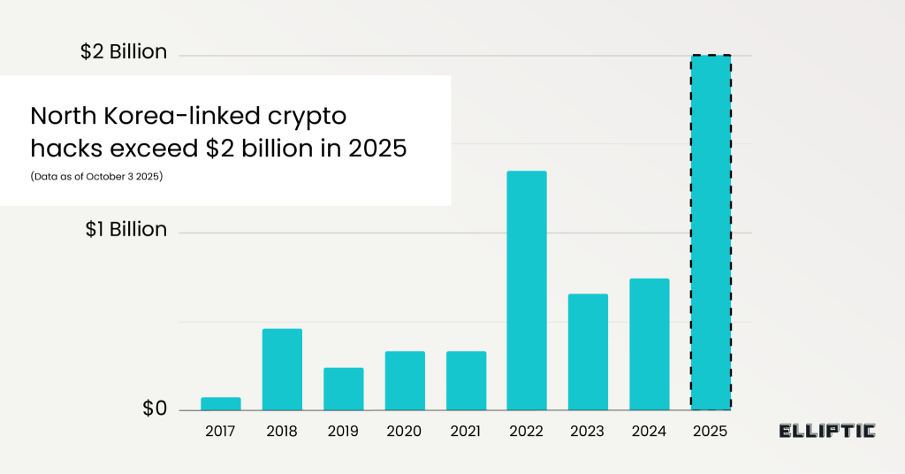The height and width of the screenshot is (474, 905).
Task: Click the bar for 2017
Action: (221, 404)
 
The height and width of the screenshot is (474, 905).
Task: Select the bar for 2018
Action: (282, 370)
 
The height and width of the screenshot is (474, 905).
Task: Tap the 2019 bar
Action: (344, 389)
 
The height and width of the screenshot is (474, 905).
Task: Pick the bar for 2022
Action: (527, 291)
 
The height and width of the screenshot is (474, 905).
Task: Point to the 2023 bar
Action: (588, 352)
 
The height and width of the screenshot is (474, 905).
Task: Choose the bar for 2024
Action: (650, 345)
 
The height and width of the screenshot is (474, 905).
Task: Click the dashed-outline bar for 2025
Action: (711, 233)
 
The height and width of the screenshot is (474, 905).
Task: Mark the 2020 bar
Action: (405, 381)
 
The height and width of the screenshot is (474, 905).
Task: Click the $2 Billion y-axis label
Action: (124, 52)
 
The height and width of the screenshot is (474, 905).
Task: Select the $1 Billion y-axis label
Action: (126, 229)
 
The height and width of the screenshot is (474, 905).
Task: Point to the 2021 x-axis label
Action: (466, 432)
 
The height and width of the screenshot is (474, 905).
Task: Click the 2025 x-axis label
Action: (711, 432)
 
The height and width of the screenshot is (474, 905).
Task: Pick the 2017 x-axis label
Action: (221, 432)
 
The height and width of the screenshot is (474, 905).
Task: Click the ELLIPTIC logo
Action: (827, 432)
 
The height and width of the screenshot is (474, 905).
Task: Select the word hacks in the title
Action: (61, 149)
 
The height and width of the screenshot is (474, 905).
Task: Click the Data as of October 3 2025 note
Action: (97, 177)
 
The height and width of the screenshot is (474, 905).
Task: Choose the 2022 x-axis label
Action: (527, 432)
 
